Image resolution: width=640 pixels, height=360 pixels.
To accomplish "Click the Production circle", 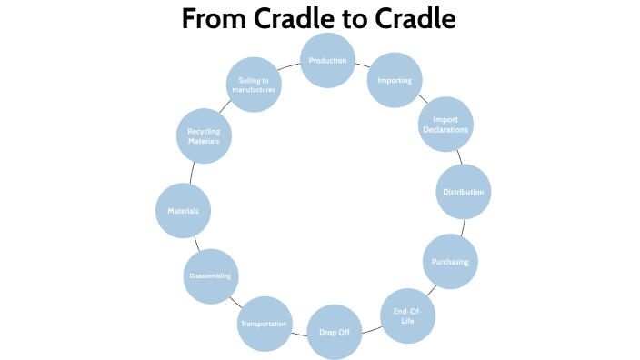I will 327,61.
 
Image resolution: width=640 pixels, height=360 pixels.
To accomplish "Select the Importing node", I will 394,81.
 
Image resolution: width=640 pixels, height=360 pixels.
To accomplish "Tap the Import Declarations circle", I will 445,125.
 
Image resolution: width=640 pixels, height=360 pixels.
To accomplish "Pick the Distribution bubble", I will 464,192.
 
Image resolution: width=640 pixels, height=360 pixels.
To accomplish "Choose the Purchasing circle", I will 450,262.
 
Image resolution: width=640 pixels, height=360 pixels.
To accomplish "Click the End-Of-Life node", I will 407,315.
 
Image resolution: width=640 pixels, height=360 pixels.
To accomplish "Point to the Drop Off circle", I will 335,332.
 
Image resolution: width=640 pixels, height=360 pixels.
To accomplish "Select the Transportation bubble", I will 264,324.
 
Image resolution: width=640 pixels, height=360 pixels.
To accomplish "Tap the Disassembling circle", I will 211,275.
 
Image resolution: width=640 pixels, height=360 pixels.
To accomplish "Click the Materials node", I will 184,211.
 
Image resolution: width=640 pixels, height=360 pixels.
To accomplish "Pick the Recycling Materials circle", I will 204,136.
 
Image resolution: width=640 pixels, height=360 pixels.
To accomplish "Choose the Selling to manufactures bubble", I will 253,85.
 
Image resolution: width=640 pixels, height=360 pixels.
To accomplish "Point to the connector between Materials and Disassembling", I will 196,243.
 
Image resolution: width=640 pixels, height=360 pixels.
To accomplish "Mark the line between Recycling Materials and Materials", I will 192,174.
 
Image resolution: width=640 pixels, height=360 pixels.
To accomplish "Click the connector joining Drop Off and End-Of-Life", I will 371,327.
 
